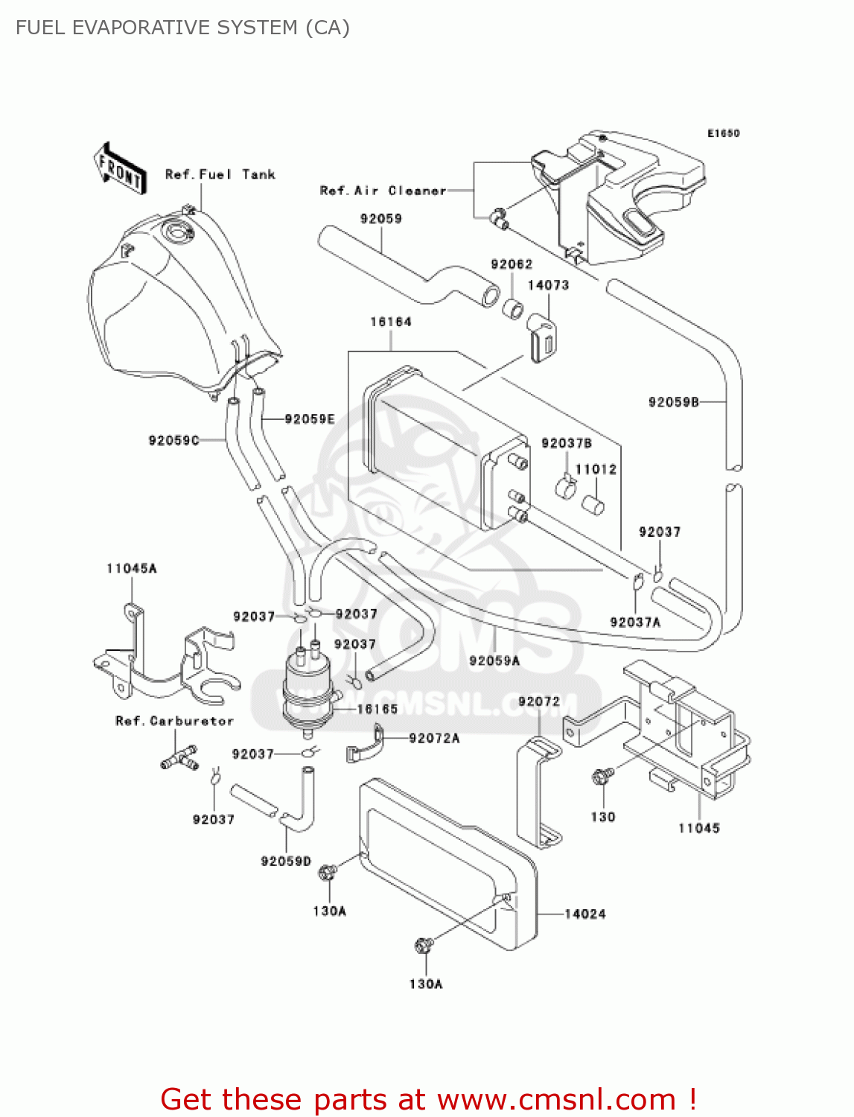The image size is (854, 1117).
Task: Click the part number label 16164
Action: (x=391, y=322)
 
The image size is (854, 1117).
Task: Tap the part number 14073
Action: (x=548, y=285)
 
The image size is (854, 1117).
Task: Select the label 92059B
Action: (x=674, y=402)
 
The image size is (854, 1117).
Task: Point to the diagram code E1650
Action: (x=723, y=133)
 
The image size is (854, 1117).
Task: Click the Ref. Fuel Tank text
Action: (x=220, y=174)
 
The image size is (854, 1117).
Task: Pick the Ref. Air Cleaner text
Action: (x=383, y=191)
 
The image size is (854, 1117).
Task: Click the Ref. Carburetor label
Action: (x=174, y=721)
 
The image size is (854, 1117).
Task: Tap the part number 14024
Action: (x=584, y=914)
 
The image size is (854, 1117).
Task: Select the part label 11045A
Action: (x=132, y=568)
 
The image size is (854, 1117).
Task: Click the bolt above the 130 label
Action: (x=602, y=777)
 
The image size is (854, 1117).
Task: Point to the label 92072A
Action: (x=434, y=738)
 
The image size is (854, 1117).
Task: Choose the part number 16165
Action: (x=377, y=709)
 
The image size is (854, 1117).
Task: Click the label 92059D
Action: (x=286, y=861)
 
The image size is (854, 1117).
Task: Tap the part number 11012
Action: (x=596, y=469)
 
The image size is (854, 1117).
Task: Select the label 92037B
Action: (x=567, y=443)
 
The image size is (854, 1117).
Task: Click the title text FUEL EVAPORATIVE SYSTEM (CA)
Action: (x=182, y=28)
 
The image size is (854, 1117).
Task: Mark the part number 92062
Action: (x=512, y=264)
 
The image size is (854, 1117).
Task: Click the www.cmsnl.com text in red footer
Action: (x=556, y=1099)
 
